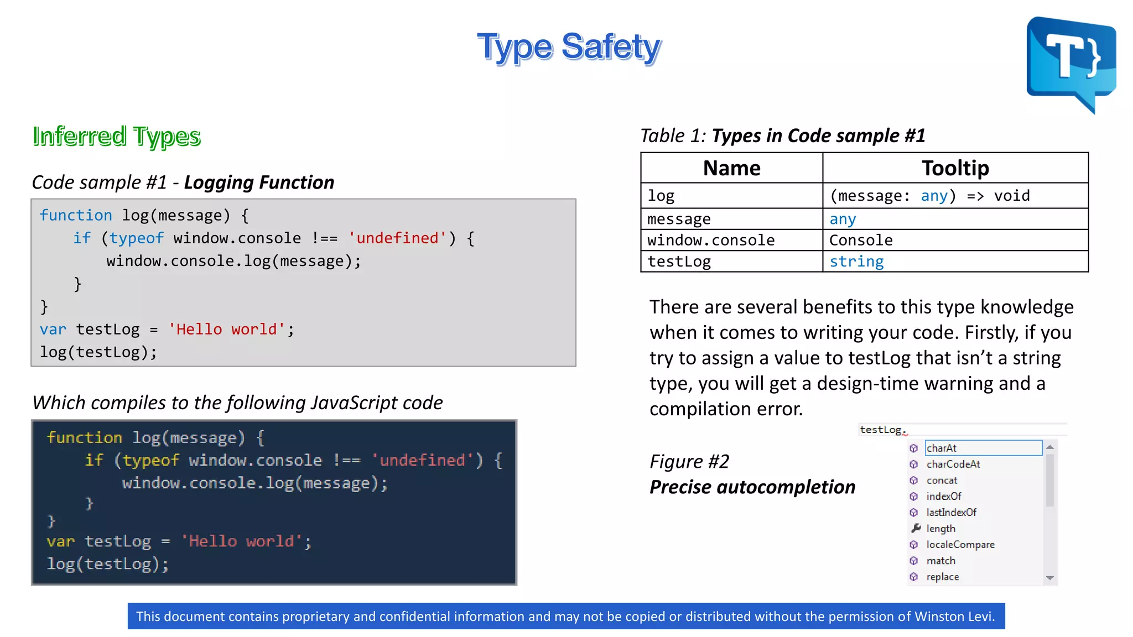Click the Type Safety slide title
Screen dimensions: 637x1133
[569, 47]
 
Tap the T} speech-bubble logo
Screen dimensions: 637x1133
[1071, 61]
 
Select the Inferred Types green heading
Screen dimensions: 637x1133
[116, 136]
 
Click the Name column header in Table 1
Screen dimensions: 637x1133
[731, 168]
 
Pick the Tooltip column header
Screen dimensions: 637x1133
[955, 168]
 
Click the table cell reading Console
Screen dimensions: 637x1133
[861, 240]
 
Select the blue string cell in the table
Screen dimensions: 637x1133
[856, 262]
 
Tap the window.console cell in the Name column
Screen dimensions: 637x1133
[711, 240]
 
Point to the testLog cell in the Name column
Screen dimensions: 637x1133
[679, 262]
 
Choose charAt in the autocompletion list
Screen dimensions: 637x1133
[942, 448]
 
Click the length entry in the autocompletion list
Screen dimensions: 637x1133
[940, 529]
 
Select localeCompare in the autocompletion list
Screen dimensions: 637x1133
[960, 545]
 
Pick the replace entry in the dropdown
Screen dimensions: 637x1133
[943, 577]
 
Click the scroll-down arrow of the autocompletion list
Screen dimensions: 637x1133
[1049, 578]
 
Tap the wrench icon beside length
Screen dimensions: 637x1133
[916, 528]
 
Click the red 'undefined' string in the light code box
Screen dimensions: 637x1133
[397, 238]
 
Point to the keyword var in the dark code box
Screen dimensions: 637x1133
[60, 541]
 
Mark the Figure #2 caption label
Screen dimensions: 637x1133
[689, 461]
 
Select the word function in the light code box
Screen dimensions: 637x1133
[76, 215]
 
